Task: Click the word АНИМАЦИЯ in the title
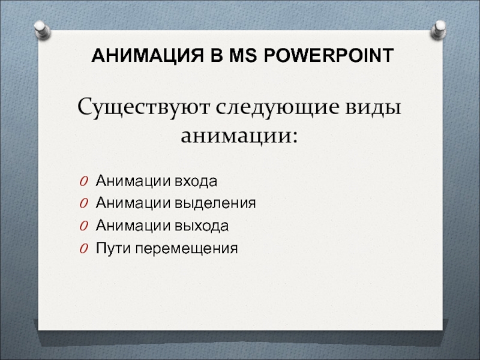point(148,55)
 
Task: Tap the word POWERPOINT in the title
point(328,55)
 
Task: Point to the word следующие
point(278,108)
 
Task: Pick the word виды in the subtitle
point(373,107)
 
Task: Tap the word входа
point(196,181)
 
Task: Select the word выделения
point(215,203)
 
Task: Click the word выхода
point(202,226)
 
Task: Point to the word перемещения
point(187,248)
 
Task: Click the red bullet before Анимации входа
point(84,181)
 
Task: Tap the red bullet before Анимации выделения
point(84,203)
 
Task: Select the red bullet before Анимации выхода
point(84,226)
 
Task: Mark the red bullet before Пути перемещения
point(84,248)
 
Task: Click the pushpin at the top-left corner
point(42,30)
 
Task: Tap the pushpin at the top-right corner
point(439,29)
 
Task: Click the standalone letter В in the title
point(216,55)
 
